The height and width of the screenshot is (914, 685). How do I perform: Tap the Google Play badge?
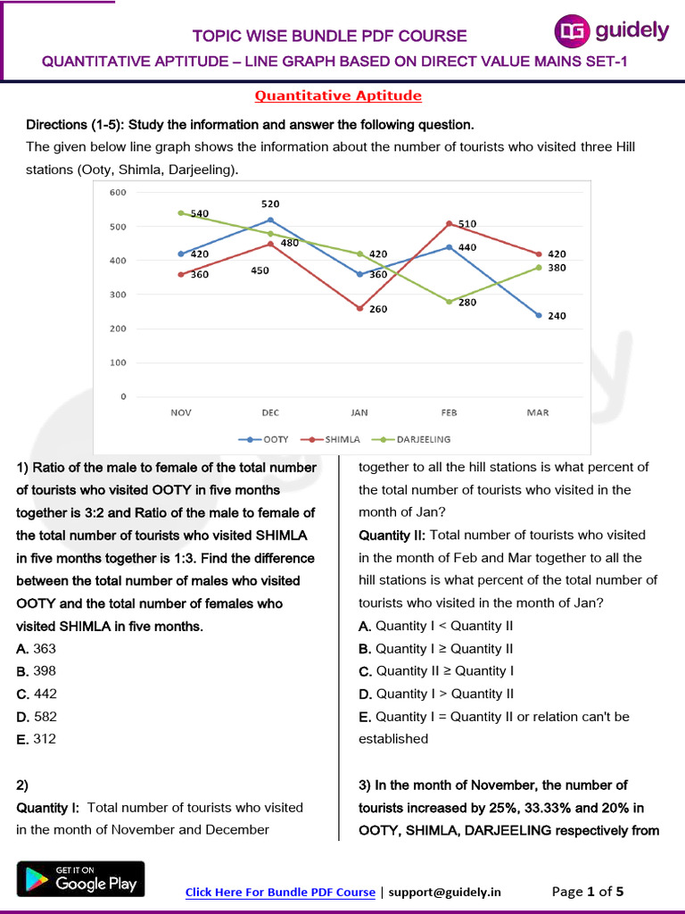(80, 878)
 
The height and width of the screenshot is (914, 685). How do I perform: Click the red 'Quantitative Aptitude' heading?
(338, 96)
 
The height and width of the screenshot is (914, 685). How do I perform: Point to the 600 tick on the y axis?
(118, 193)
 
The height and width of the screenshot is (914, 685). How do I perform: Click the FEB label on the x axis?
(449, 412)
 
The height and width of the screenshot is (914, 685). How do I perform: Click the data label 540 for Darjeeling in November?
(200, 214)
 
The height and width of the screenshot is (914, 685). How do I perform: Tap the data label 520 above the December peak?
(270, 204)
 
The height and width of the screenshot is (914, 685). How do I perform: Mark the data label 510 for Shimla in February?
(467, 224)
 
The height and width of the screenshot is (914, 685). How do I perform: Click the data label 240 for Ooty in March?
(557, 316)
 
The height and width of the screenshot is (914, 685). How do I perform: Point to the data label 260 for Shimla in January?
(378, 310)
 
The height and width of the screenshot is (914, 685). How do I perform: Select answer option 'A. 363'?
(37, 649)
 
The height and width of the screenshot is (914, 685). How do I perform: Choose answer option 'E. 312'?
(37, 739)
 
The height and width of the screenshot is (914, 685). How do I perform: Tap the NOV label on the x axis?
(181, 412)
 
